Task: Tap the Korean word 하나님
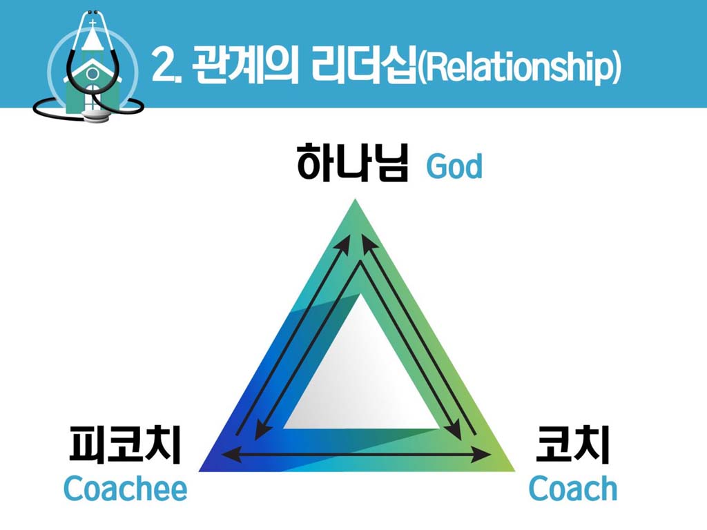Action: (352, 162)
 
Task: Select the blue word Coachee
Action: (126, 489)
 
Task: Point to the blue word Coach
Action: (572, 489)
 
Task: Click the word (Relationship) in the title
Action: (519, 67)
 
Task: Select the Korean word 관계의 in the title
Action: (245, 66)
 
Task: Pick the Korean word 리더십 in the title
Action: (363, 66)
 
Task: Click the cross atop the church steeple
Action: (93, 23)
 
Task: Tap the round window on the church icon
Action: (93, 72)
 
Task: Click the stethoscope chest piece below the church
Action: (96, 116)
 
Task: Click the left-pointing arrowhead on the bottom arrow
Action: (232, 454)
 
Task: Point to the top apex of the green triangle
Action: (356, 199)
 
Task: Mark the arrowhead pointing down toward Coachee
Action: (260, 431)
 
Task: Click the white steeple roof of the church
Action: (93, 39)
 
